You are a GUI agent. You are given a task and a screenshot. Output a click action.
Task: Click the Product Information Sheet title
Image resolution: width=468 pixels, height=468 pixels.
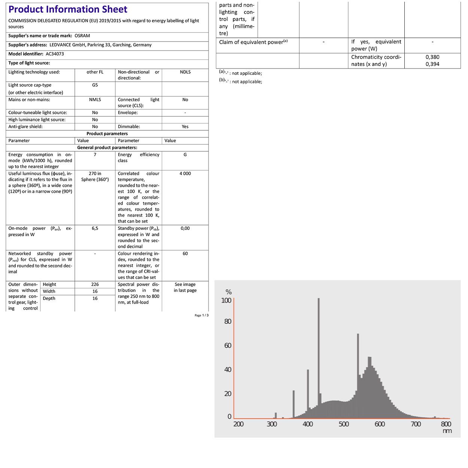[68, 9]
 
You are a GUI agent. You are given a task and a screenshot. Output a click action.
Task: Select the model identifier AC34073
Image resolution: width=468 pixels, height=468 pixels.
[55, 54]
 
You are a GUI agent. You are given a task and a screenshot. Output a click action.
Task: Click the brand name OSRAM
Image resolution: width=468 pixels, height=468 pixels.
[82, 36]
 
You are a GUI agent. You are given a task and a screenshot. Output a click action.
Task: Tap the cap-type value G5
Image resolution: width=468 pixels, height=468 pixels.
[95, 85]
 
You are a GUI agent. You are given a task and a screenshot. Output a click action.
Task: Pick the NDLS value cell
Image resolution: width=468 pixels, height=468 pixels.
[185, 72]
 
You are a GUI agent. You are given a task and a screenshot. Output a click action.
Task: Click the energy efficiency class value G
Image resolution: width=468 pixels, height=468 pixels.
[185, 155]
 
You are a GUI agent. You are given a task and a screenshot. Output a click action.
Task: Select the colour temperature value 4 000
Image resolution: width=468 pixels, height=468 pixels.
[185, 173]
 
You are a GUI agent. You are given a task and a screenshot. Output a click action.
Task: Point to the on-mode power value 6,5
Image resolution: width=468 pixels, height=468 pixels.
[95, 228]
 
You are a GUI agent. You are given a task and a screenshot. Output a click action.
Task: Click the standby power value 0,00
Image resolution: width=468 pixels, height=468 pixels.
[185, 228]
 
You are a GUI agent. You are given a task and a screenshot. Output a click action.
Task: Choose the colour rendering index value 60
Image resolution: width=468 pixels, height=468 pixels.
[185, 253]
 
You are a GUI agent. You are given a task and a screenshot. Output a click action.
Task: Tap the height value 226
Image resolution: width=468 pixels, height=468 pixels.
[95, 285]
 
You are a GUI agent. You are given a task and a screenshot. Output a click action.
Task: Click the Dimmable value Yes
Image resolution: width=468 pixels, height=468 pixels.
[185, 127]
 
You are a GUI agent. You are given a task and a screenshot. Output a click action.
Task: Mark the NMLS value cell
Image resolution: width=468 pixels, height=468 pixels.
[95, 100]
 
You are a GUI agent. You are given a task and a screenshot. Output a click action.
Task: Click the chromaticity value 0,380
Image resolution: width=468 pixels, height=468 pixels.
[432, 57]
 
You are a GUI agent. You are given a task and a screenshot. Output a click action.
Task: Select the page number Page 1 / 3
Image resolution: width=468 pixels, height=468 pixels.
[201, 315]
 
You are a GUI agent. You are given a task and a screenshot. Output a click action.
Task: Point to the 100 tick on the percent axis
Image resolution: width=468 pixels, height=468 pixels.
[227, 300]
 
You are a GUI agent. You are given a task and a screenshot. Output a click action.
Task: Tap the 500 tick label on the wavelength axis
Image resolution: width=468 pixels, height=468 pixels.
[344, 424]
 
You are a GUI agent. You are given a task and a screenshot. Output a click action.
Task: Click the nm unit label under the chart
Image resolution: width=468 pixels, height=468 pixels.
[447, 431]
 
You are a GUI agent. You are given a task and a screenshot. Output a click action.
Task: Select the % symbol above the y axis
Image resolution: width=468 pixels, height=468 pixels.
[228, 292]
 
